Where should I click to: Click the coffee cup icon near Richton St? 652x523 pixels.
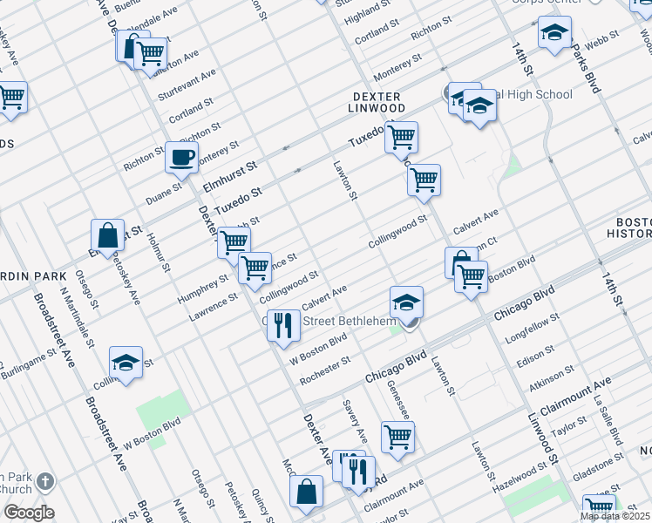click(182, 157)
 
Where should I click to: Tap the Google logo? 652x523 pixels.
click(29, 513)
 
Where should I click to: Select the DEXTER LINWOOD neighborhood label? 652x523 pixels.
click(377, 102)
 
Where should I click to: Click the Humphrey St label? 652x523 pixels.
click(202, 285)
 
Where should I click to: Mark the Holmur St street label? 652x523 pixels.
click(157, 248)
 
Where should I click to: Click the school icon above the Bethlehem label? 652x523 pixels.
click(406, 302)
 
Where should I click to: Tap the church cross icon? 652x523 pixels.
click(45, 481)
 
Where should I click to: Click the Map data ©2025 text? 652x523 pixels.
click(615, 516)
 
